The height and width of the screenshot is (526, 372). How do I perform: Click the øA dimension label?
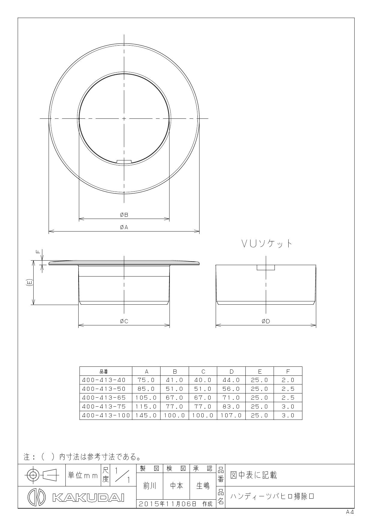pyautogui.click(x=124, y=227)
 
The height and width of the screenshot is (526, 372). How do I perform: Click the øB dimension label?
pyautogui.click(x=124, y=215)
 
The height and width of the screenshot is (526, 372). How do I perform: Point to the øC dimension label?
pyautogui.click(x=124, y=321)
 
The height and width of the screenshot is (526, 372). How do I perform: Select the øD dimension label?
pyautogui.click(x=266, y=321)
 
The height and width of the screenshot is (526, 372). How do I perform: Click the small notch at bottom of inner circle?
pyautogui.click(x=124, y=162)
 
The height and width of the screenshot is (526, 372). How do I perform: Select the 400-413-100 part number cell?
pyautogui.click(x=106, y=415)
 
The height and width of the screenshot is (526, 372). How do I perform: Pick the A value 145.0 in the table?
pyautogui.click(x=146, y=415)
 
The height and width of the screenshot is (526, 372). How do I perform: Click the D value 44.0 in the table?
pyautogui.click(x=231, y=380)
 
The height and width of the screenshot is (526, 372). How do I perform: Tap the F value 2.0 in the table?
pyautogui.click(x=288, y=380)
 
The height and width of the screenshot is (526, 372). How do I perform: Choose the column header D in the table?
pyautogui.click(x=231, y=371)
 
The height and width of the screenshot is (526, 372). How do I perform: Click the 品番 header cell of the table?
pyautogui.click(x=104, y=372)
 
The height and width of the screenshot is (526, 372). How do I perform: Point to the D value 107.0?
pyautogui.click(x=231, y=415)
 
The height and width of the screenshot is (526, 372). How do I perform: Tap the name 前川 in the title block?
pyautogui.click(x=149, y=486)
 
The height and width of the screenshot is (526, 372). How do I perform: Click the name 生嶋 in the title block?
pyautogui.click(x=203, y=486)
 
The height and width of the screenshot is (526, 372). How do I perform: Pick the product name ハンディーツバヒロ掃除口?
pyautogui.click(x=272, y=496)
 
